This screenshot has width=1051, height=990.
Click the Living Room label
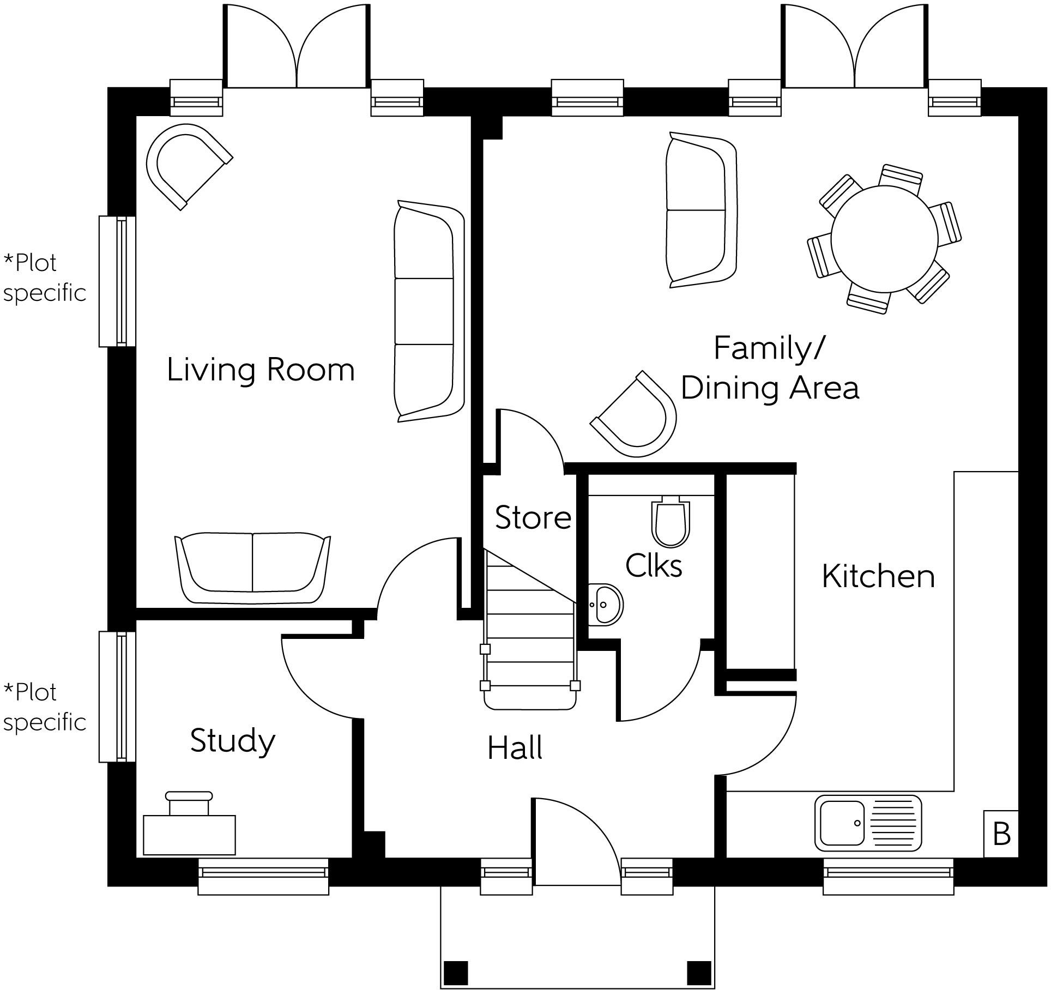tap(261, 370)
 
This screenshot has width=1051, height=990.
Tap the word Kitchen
tap(878, 576)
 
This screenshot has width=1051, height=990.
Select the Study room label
tap(233, 741)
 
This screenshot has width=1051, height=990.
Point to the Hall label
tap(515, 748)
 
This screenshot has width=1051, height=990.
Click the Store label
tap(533, 517)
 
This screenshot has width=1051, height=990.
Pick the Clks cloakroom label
tap(654, 565)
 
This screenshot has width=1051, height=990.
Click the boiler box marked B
tap(1001, 834)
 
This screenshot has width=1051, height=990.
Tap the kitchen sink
tap(868, 823)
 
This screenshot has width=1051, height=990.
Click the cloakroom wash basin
tap(605, 604)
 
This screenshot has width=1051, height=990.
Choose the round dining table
tap(885, 239)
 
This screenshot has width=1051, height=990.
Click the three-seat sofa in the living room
tap(428, 311)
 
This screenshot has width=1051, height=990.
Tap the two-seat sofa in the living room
tap(252, 568)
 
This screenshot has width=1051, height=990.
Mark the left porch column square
tap(456, 971)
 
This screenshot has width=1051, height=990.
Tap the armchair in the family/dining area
tap(638, 415)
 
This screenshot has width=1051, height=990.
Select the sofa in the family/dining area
tap(700, 210)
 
